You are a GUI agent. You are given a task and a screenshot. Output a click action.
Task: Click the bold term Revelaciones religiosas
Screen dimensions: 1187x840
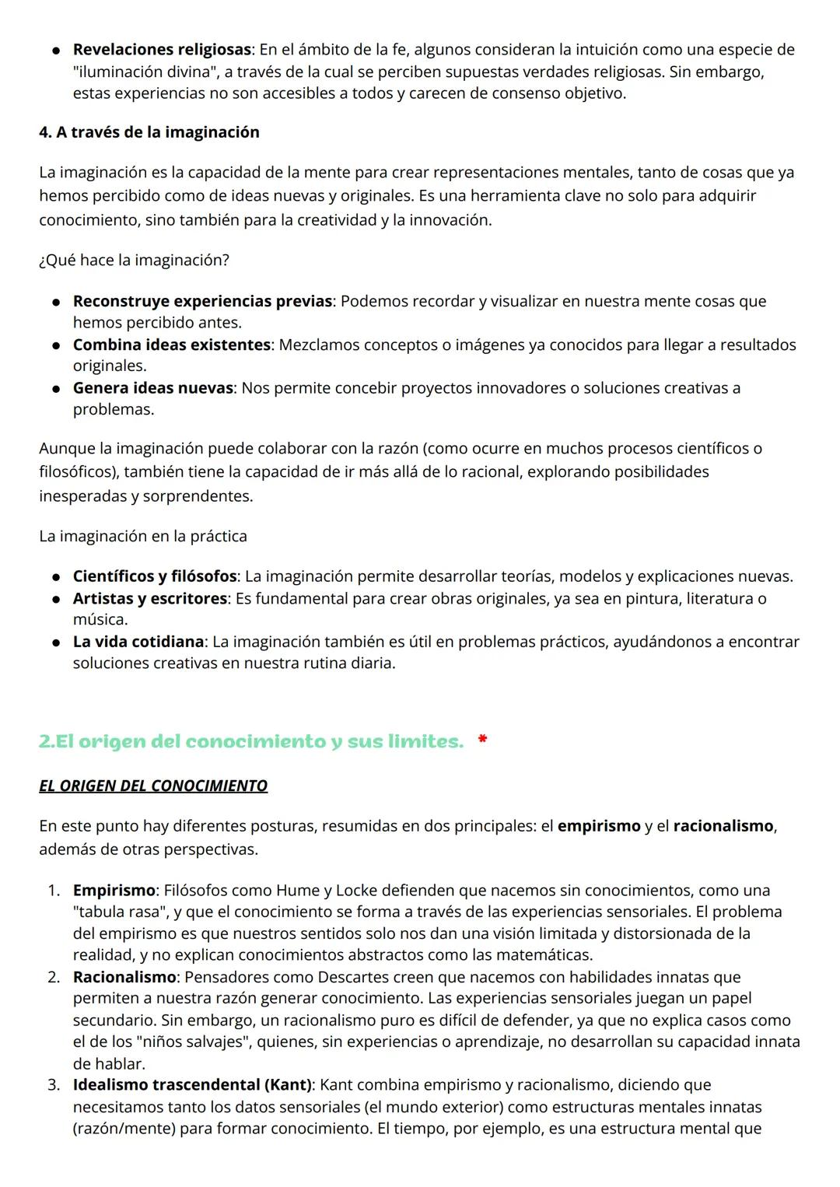click(x=162, y=50)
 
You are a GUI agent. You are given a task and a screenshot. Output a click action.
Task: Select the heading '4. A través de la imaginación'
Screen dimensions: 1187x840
click(x=149, y=132)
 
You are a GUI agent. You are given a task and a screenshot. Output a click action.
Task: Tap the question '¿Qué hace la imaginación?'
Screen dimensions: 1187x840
click(x=134, y=260)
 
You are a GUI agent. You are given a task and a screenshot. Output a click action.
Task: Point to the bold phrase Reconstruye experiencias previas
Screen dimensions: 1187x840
click(x=202, y=301)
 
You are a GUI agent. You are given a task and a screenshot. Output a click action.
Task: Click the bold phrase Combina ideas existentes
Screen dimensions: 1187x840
click(x=171, y=345)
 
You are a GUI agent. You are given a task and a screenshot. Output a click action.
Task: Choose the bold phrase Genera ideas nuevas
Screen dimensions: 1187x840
click(x=152, y=388)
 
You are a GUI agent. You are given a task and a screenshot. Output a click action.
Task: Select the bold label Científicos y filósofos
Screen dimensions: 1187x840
click(x=155, y=576)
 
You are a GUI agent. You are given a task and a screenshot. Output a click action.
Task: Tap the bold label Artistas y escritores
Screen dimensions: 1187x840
click(x=150, y=598)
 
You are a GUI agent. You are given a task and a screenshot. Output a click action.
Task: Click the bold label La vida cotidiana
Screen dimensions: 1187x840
click(x=138, y=642)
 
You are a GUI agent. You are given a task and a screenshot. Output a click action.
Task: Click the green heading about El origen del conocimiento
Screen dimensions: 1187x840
click(x=250, y=741)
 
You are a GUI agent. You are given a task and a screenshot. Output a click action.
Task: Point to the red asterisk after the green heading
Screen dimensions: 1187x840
click(x=482, y=741)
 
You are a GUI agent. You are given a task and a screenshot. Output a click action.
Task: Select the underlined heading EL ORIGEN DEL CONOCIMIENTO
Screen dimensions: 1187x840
click(x=153, y=786)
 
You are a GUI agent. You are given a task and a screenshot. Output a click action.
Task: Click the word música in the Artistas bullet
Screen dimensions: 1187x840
click(x=100, y=620)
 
